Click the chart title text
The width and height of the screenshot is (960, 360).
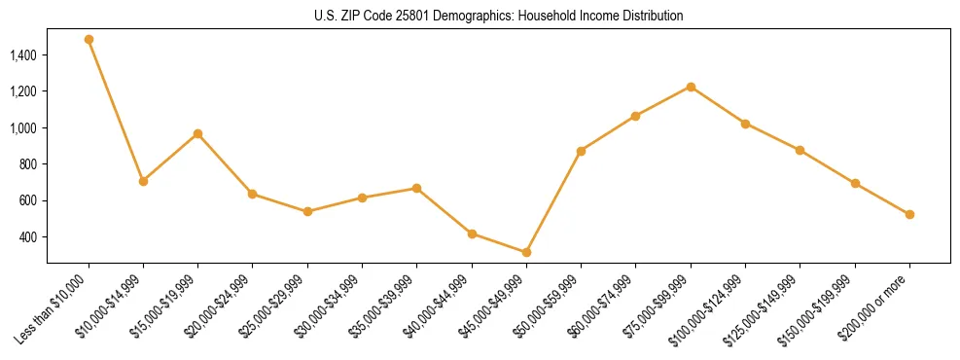(x=499, y=17)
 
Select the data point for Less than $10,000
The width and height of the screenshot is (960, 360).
(x=89, y=40)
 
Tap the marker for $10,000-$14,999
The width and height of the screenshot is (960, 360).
(x=143, y=181)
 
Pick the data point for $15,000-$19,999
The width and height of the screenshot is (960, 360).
(x=197, y=133)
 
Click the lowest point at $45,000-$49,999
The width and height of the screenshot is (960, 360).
(x=526, y=252)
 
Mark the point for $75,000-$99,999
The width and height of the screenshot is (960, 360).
(x=691, y=87)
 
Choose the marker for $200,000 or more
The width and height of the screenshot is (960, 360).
(x=909, y=214)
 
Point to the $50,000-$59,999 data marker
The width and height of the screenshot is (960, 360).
(x=581, y=151)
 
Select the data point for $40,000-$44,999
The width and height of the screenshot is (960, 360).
(x=472, y=234)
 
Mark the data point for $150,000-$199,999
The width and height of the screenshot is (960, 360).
(x=855, y=183)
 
